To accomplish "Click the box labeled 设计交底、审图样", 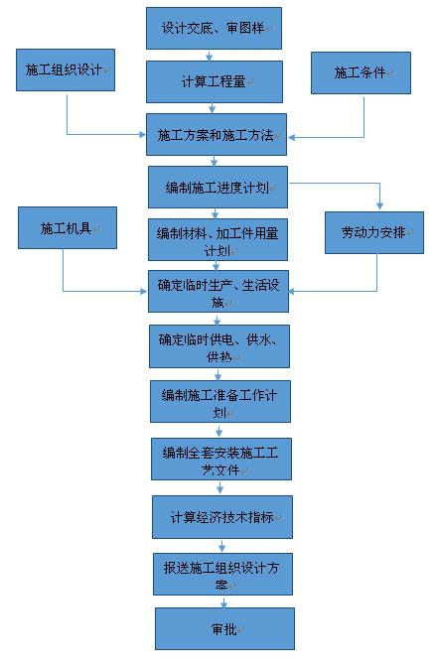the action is [214, 28].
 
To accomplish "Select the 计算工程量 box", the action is [215, 81].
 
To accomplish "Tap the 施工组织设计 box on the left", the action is [66, 69].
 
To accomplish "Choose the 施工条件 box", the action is [361, 72].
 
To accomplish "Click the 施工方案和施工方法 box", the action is [217, 134].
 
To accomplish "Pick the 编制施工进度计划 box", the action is [217, 188].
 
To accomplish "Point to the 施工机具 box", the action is [68, 227].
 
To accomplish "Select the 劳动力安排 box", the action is [374, 232].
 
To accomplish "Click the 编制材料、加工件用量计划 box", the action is [217, 239].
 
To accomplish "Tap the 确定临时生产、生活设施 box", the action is [218, 292].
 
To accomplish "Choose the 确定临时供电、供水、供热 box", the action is [219, 346].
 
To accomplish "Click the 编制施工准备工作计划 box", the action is [220, 402].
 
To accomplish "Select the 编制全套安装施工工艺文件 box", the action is [221, 459].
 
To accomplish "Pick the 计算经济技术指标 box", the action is [222, 517].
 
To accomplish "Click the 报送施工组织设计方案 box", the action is [223, 574].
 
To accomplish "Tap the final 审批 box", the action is [224, 628].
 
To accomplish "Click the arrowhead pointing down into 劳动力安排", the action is [379, 206].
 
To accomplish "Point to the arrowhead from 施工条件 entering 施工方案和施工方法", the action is [292, 137].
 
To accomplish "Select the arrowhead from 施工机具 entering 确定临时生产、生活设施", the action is [143, 292].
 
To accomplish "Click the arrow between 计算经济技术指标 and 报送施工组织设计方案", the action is [221, 546].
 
